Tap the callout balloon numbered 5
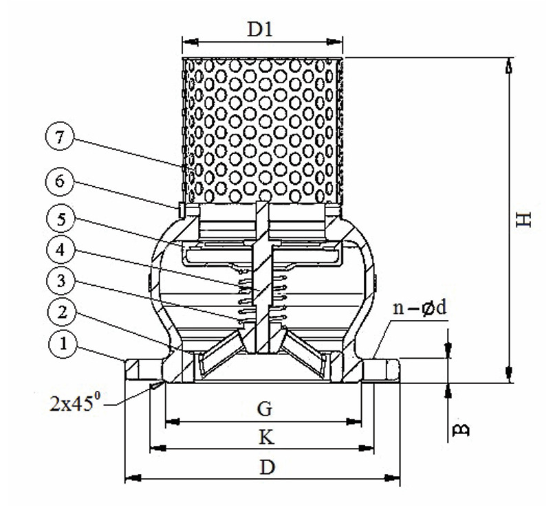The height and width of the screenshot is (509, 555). click(60, 221)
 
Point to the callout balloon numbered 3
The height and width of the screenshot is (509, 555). click(60, 282)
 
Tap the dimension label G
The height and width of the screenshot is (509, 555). click(265, 409)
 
